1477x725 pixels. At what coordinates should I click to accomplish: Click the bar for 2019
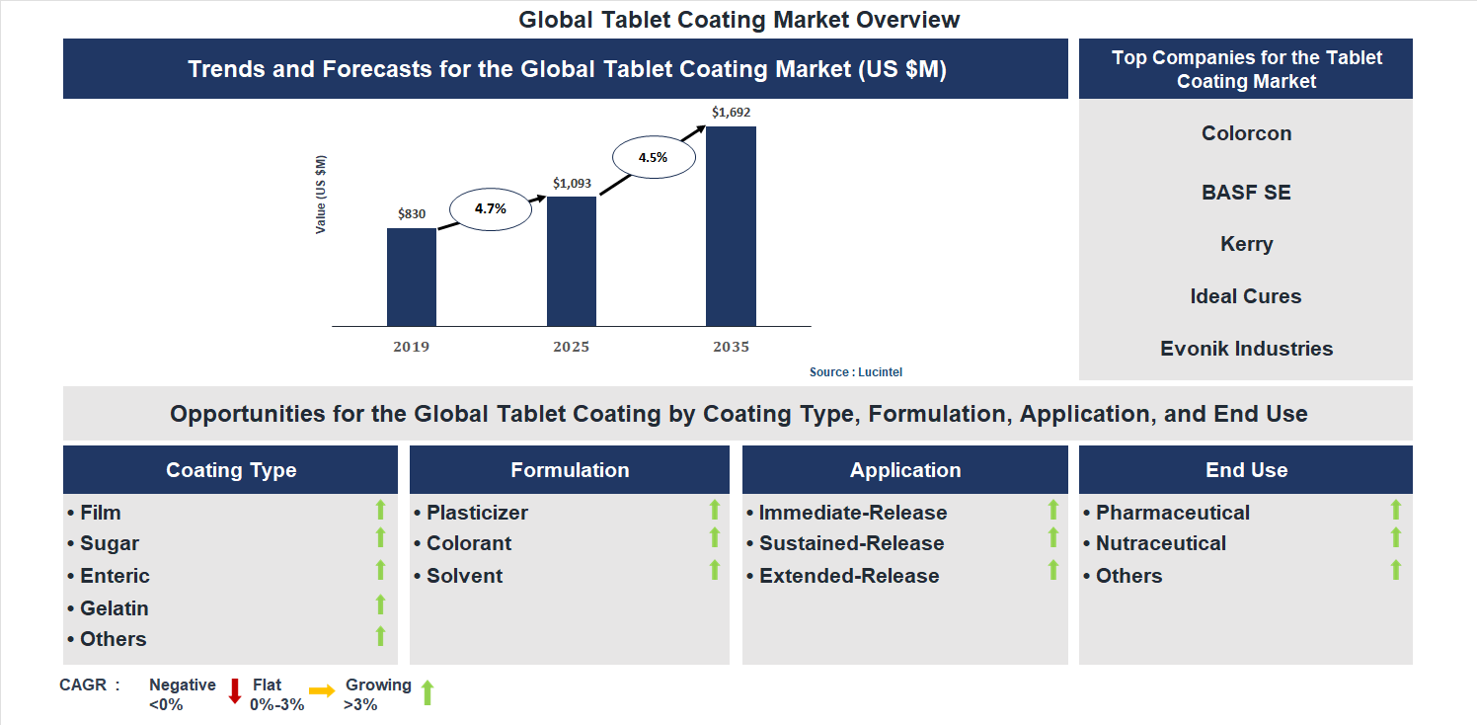[411, 278]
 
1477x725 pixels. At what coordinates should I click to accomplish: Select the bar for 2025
[571, 262]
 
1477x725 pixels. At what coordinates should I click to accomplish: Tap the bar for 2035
[731, 226]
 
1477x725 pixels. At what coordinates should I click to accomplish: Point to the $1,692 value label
[731, 113]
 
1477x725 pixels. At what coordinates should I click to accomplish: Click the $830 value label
[412, 213]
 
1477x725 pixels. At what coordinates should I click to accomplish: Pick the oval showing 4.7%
[490, 209]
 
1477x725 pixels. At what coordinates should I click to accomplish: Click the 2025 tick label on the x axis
[571, 347]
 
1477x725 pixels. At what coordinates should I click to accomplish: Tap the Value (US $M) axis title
[321, 195]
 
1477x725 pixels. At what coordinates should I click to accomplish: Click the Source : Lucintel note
[856, 372]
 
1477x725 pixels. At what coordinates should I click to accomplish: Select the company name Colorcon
[1246, 133]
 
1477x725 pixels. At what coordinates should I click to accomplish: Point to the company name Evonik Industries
[1246, 349]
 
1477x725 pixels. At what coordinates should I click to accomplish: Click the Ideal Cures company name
[1246, 296]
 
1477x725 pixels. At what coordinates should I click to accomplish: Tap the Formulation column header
[570, 470]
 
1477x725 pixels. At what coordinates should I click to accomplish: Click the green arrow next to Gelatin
[381, 604]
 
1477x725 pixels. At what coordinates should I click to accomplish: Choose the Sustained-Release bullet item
[851, 543]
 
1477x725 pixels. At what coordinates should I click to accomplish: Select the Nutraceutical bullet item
[1161, 543]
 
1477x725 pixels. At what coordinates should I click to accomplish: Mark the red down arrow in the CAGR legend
[235, 690]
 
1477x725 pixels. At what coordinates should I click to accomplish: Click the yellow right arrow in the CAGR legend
[322, 691]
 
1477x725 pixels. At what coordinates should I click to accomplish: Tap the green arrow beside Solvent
[715, 570]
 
